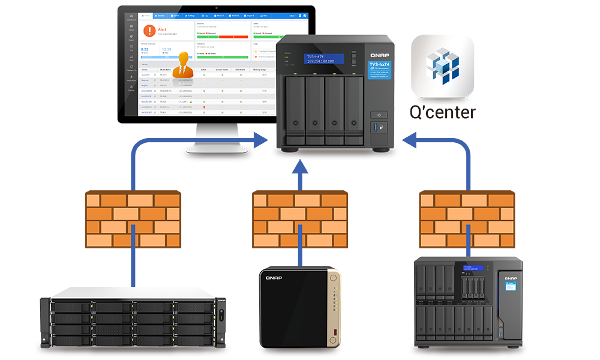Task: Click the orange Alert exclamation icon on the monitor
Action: coord(149,31)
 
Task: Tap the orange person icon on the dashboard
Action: coord(184,64)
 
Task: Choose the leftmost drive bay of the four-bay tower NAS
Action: coord(295,110)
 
